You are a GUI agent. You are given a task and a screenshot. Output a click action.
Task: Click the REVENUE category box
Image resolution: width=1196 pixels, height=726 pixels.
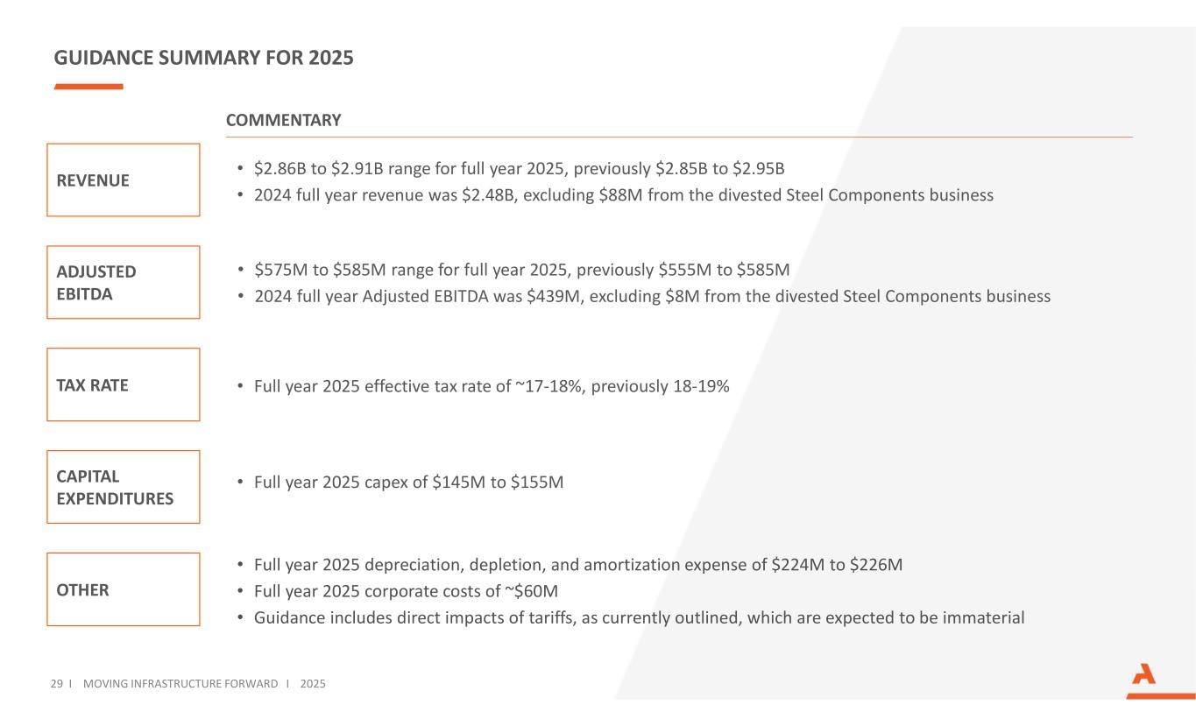point(123,180)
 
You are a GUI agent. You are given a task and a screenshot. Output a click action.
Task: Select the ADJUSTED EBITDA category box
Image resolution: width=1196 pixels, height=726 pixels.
point(123,282)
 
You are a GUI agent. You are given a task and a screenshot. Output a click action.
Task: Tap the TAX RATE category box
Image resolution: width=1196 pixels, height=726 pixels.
point(123,384)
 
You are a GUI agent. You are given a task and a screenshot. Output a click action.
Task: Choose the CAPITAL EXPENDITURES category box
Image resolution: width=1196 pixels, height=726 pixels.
point(123,487)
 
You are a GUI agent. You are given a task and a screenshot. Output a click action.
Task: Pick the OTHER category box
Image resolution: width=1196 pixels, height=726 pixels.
point(123,589)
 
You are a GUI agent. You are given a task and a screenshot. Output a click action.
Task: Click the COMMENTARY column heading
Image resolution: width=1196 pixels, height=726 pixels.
point(283,120)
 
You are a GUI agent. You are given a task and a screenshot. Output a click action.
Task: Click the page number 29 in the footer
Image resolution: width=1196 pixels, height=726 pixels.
point(56,683)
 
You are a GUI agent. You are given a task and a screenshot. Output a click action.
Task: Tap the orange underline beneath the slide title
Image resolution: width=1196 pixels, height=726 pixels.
point(88,87)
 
